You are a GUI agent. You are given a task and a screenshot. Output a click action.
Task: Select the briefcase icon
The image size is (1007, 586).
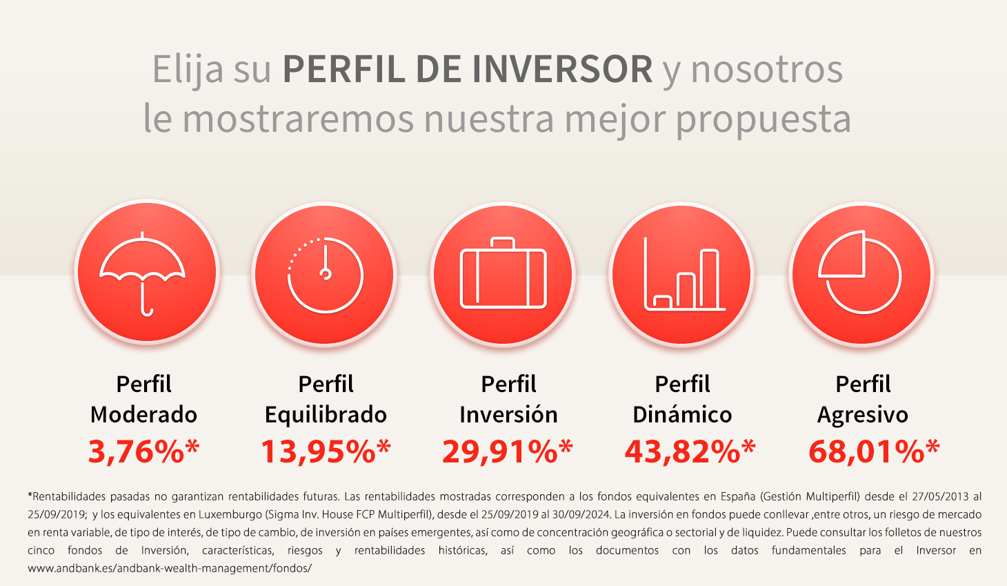[x=503, y=273]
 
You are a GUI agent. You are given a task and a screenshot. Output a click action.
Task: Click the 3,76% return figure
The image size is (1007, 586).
[x=143, y=451]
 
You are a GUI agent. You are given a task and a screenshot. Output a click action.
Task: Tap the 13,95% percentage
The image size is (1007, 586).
[x=326, y=451]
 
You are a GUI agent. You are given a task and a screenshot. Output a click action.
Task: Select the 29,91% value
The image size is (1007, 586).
[x=508, y=451]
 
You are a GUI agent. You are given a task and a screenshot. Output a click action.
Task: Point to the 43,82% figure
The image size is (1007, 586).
[x=690, y=451]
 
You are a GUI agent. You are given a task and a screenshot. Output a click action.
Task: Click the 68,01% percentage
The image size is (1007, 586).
[x=874, y=451]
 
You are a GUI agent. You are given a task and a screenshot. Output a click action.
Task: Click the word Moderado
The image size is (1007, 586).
[x=143, y=414]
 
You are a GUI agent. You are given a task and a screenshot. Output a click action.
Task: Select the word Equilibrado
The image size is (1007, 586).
[x=326, y=415]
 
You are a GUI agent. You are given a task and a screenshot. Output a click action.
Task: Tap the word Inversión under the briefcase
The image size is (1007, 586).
[x=508, y=414]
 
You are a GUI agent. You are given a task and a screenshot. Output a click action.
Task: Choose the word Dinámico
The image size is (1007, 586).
[x=682, y=414]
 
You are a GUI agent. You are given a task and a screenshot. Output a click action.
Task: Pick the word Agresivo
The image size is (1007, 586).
[x=863, y=415]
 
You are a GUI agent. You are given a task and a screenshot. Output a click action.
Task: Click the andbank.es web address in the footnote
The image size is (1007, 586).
[x=170, y=569]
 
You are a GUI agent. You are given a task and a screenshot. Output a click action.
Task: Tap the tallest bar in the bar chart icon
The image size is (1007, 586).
[x=710, y=280]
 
